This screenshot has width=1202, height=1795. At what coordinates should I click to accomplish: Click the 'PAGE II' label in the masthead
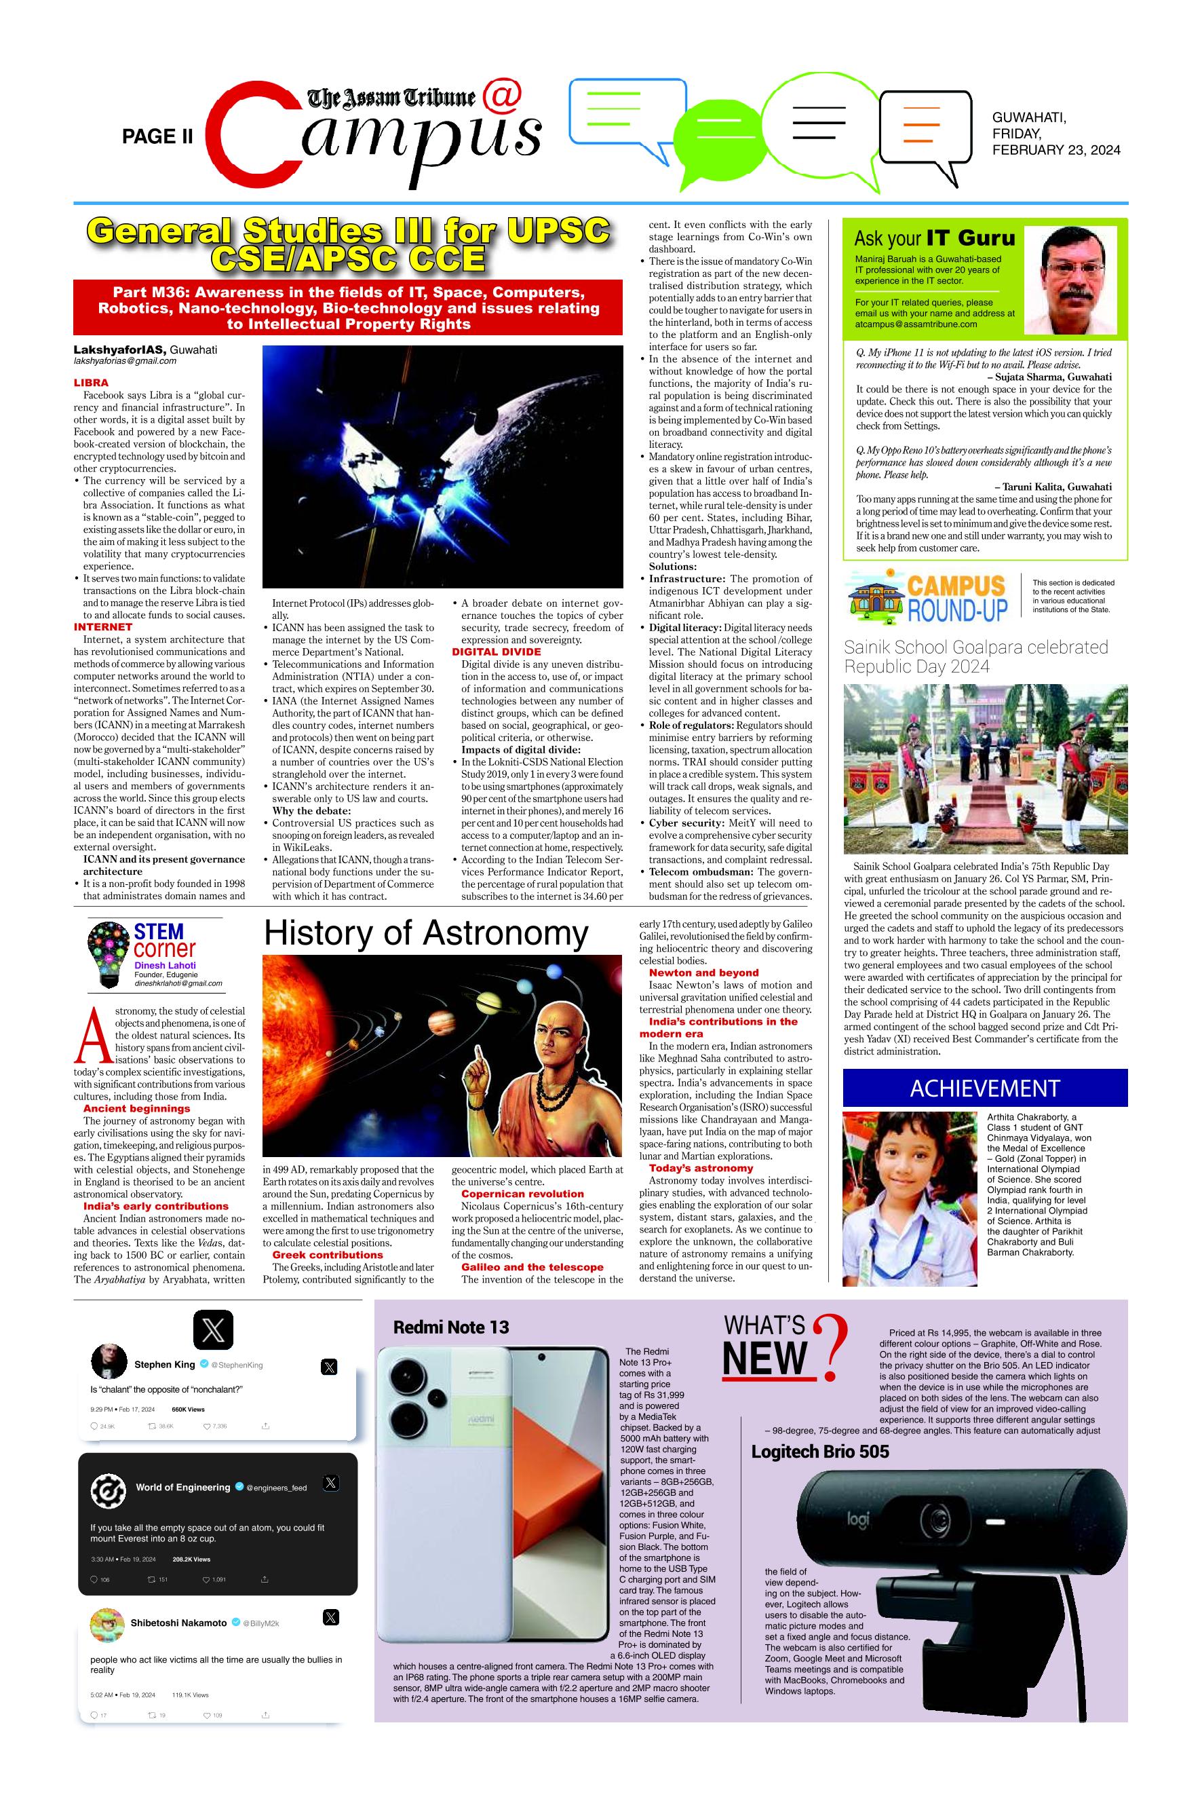[x=157, y=136]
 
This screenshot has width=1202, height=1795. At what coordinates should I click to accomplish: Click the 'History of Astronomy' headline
[x=425, y=934]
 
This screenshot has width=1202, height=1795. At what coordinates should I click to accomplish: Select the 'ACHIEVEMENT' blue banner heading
[x=984, y=1088]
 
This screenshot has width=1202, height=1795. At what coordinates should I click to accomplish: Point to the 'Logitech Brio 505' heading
[x=819, y=1452]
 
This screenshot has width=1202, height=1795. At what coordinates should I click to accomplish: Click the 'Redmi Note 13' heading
[x=450, y=1327]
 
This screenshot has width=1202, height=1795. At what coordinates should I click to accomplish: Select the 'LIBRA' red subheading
[x=90, y=382]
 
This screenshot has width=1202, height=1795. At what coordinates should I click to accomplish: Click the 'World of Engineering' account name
[x=182, y=1487]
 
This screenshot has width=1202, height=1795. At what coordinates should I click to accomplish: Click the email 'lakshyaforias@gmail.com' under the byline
[x=125, y=360]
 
